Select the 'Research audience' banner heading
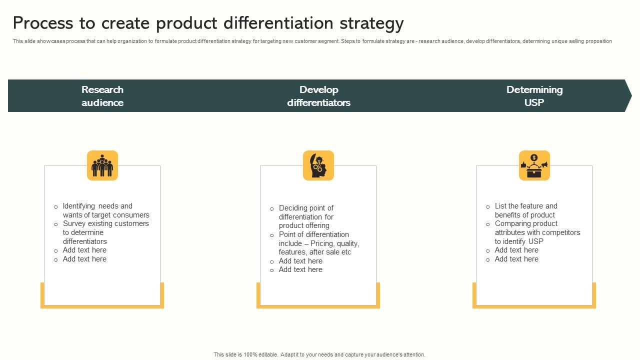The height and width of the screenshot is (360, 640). coord(102,96)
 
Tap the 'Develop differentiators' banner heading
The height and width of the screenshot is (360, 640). coord(318,96)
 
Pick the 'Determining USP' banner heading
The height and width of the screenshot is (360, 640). coord(534,96)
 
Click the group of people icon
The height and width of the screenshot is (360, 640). coord(102,165)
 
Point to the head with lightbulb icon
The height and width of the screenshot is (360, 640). coord(318,165)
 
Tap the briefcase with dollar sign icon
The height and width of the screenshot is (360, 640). coord(534,165)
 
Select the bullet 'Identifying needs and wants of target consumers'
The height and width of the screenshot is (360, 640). coord(105,210)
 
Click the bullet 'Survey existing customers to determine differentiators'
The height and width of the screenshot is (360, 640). coord(105,232)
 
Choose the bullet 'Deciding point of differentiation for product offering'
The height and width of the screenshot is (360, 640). coord(306,217)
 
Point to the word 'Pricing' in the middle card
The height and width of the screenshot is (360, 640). coord(322,243)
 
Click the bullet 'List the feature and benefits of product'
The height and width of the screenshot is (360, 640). coord(525,210)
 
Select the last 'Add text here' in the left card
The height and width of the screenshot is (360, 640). coord(84,259)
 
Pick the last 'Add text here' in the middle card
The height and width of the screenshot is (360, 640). coord(300,269)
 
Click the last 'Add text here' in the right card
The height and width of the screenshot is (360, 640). coord(516,259)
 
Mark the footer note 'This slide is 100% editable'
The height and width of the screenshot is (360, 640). coord(244,354)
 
